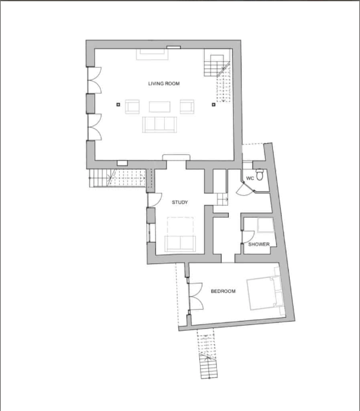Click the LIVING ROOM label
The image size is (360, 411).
[164, 83]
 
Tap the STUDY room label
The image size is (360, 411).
[180, 202]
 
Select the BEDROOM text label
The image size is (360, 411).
[223, 291]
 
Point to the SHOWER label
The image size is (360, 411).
[259, 244]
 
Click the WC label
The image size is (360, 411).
[250, 178]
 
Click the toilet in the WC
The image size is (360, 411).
[259, 175]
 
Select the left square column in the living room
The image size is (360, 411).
[118, 105]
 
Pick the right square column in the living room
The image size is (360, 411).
[214, 105]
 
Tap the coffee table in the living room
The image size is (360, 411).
[159, 107]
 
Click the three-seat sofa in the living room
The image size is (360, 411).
[159, 125]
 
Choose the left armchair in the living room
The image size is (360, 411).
[132, 107]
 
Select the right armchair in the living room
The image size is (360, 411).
[187, 107]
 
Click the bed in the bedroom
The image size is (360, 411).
[263, 293]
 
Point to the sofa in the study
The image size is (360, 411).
[180, 244]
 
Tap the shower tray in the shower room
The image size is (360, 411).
[265, 225]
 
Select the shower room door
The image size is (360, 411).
[248, 237]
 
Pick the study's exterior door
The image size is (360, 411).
[155, 199]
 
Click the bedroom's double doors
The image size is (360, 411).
[196, 297]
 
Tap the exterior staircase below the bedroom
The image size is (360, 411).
[208, 354]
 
